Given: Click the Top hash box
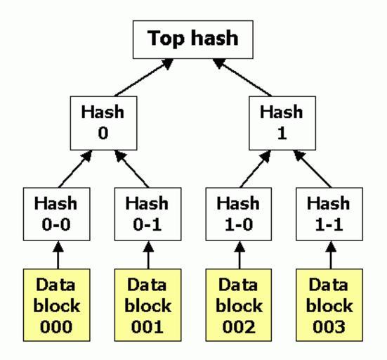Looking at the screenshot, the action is point(193,39).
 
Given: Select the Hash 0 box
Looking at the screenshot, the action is point(103,123).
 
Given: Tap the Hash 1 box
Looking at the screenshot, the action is point(282,123).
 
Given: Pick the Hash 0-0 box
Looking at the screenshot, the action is point(56,214).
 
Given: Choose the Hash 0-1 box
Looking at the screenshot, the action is point(147,214).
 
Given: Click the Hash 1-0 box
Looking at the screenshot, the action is point(239,214).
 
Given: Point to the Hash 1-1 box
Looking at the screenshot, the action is point(329,214).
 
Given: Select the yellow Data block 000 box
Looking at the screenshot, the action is point(56,305).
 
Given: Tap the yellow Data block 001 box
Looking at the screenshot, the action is point(147,305).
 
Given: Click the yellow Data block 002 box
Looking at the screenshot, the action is point(239,305).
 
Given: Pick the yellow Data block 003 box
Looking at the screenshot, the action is point(329,305).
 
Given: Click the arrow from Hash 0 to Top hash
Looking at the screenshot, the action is point(144,77).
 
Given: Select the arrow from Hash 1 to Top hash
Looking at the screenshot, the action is point(242,77).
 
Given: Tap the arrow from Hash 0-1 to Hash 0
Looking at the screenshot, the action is point(132,169).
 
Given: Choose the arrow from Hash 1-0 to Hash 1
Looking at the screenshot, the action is point(256,169).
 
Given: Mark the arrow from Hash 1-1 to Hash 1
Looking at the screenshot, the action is point(313,169).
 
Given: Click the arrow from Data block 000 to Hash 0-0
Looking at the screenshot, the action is point(58,255).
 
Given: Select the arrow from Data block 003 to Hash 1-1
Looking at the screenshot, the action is point(331,255).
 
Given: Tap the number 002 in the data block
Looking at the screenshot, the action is point(239,327).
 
